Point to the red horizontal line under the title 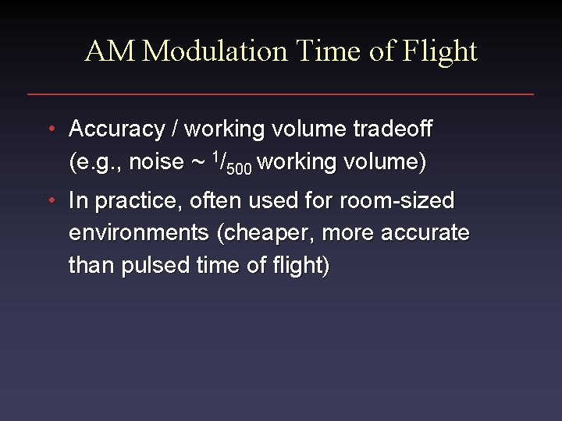point(281,94)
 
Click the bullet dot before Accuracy point(50,129)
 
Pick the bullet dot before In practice point(50,201)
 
